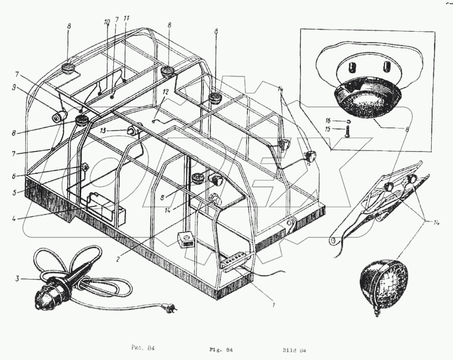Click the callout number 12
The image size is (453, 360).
pyautogui.click(x=166, y=93)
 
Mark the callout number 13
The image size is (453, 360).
pyautogui.click(x=116, y=130)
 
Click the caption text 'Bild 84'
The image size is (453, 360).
pyautogui.click(x=295, y=349)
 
